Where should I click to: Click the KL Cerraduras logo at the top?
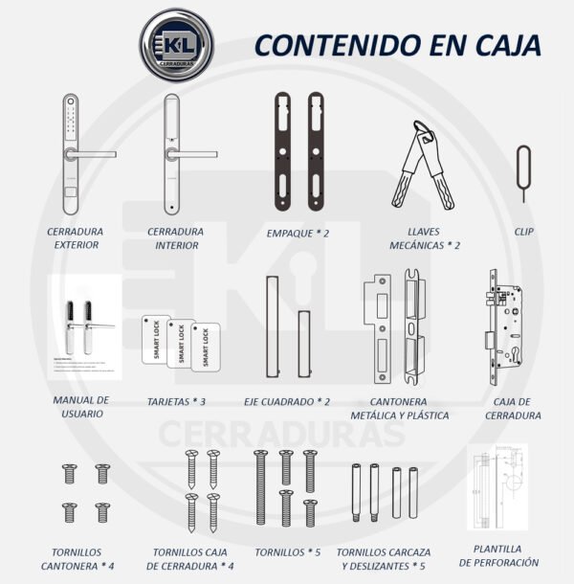(x=176, y=45)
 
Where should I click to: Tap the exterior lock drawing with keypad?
(x=72, y=155)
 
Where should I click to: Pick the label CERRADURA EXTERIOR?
(x=77, y=238)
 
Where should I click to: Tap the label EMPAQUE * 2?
(x=298, y=233)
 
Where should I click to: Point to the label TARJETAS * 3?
(x=176, y=403)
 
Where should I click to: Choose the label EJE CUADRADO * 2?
(x=287, y=403)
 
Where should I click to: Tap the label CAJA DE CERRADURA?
(x=513, y=409)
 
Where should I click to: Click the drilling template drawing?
(x=497, y=487)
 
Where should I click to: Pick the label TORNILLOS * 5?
(x=287, y=552)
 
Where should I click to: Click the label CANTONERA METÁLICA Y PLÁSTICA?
(x=401, y=409)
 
